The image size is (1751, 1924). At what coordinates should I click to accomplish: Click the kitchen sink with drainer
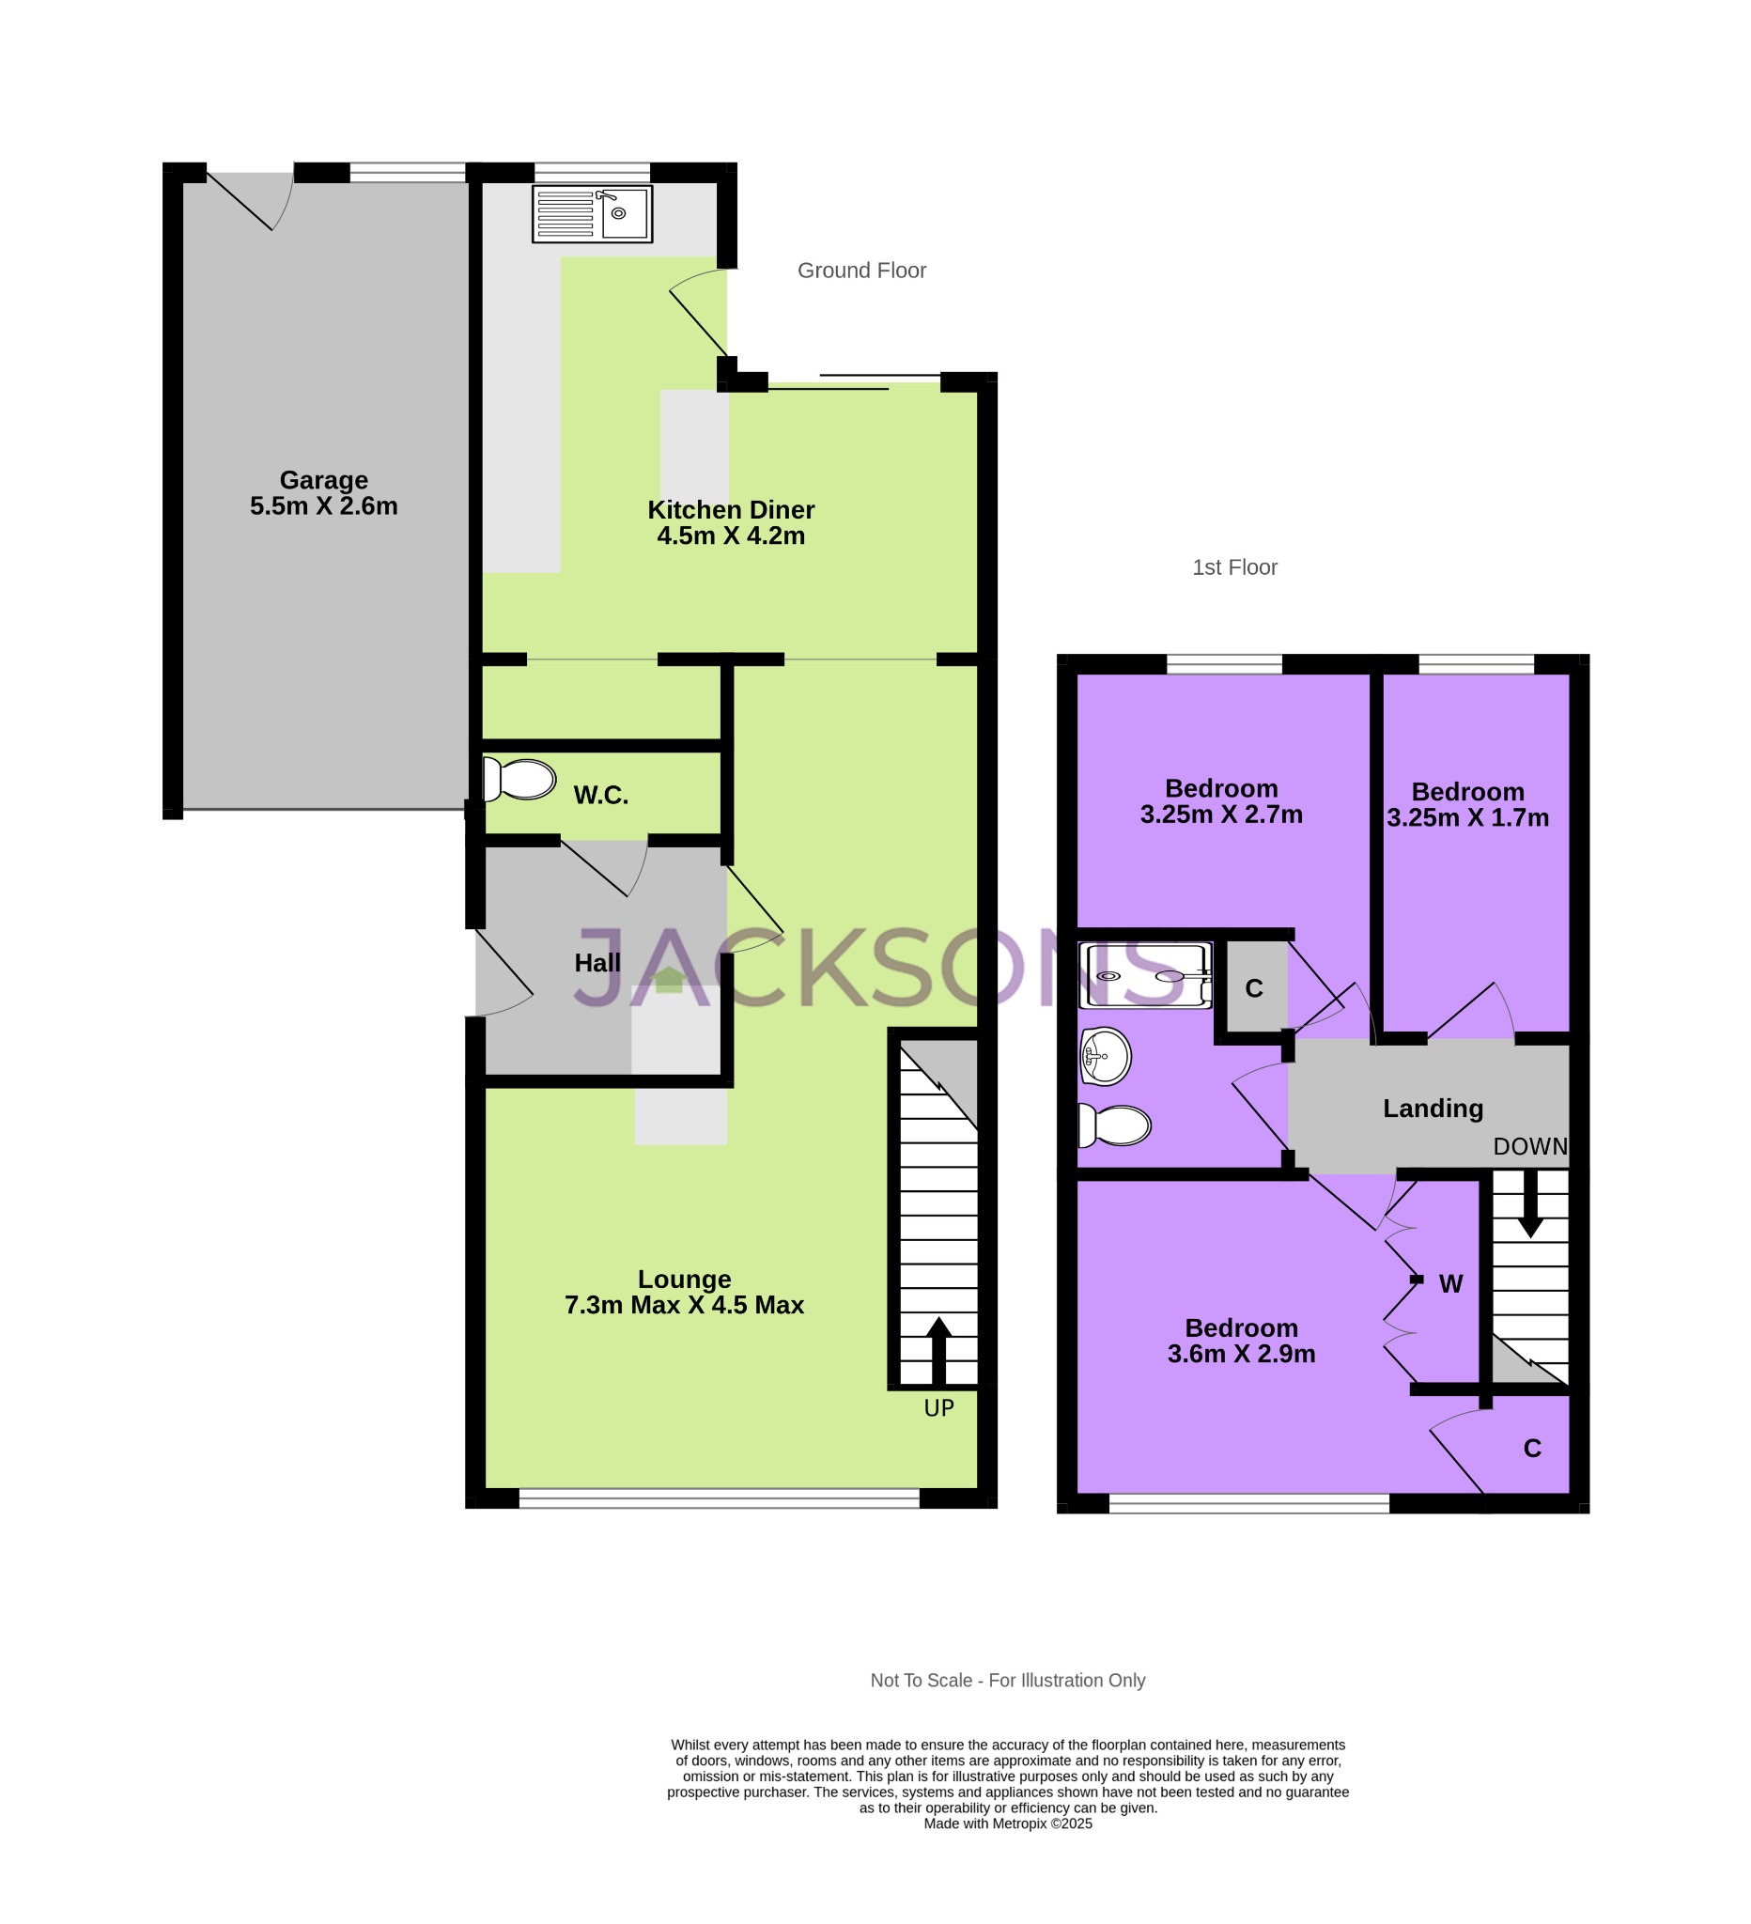pyautogui.click(x=592, y=214)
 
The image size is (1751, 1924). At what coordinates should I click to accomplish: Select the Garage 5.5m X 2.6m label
pyautogui.click(x=323, y=493)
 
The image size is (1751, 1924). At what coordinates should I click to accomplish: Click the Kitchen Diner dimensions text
pyautogui.click(x=731, y=536)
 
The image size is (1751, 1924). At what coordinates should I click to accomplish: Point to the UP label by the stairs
pyautogui.click(x=939, y=1408)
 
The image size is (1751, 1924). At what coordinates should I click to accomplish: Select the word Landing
pyautogui.click(x=1433, y=1109)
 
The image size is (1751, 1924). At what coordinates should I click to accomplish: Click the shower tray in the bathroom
pyautogui.click(x=1145, y=975)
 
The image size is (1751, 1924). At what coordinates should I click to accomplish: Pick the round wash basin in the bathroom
pyautogui.click(x=1105, y=1057)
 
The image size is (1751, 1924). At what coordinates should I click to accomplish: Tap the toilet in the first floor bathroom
pyautogui.click(x=1114, y=1126)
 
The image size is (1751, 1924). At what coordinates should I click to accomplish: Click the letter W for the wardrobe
pyautogui.click(x=1450, y=1284)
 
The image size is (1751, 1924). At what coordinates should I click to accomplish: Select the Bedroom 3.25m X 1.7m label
pyautogui.click(x=1467, y=805)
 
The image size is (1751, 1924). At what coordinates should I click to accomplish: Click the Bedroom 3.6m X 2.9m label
pyautogui.click(x=1242, y=1341)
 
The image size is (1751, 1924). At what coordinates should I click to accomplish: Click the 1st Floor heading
pyautogui.click(x=1234, y=567)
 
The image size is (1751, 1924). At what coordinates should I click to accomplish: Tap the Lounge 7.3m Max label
pyautogui.click(x=684, y=1292)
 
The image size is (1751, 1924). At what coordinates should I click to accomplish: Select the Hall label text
pyautogui.click(x=597, y=964)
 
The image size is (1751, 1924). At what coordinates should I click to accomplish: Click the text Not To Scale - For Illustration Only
pyautogui.click(x=1008, y=1681)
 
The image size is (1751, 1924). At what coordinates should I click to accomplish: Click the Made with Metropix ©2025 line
pyautogui.click(x=1008, y=1823)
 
